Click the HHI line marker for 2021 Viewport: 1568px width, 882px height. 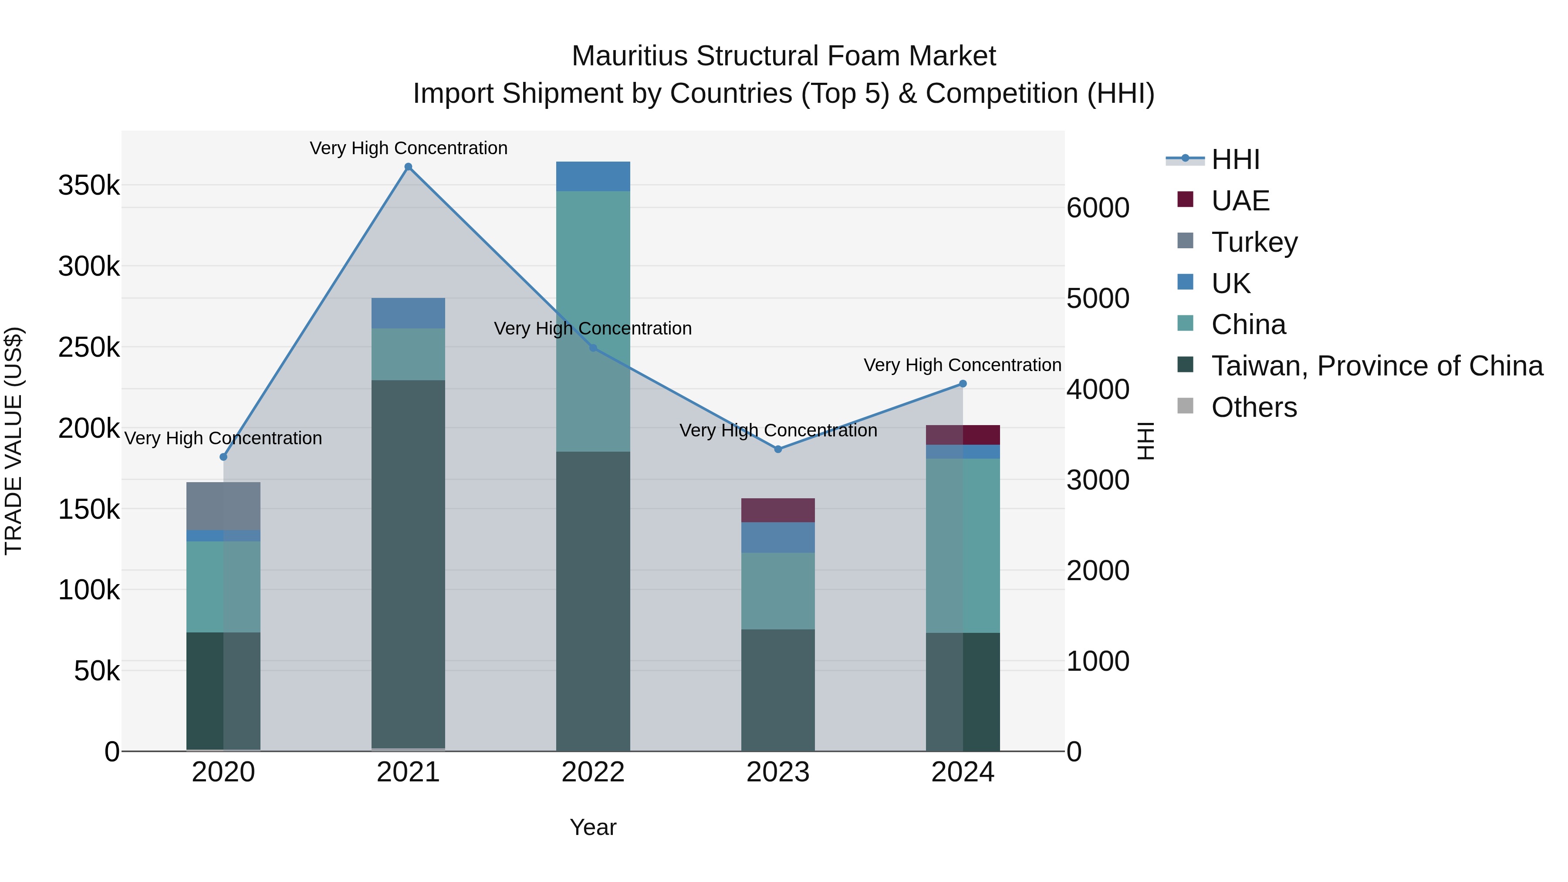pos(409,167)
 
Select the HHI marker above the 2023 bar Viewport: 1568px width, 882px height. pos(778,449)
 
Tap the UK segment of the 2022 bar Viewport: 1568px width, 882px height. pos(593,176)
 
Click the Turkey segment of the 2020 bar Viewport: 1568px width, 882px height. pos(223,506)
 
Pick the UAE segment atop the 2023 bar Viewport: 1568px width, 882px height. pos(778,510)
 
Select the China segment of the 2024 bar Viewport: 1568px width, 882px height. pos(962,545)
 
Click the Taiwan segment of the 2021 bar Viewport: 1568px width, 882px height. pos(409,563)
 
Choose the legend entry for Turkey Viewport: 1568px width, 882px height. pos(1254,242)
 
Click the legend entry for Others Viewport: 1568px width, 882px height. pos(1254,407)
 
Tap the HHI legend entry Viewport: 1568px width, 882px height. pos(1235,159)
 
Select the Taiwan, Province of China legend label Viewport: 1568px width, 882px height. pos(1377,366)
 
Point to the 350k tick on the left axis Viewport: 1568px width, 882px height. pos(89,185)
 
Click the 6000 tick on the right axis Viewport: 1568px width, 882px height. pos(1098,208)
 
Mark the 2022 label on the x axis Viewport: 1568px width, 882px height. pos(593,772)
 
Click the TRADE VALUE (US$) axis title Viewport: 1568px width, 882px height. pos(14,441)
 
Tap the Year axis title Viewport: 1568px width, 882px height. pos(593,827)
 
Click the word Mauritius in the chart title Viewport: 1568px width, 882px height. pos(629,56)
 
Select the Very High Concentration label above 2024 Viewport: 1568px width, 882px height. pos(962,365)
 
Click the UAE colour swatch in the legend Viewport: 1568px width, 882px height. pos(1185,199)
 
